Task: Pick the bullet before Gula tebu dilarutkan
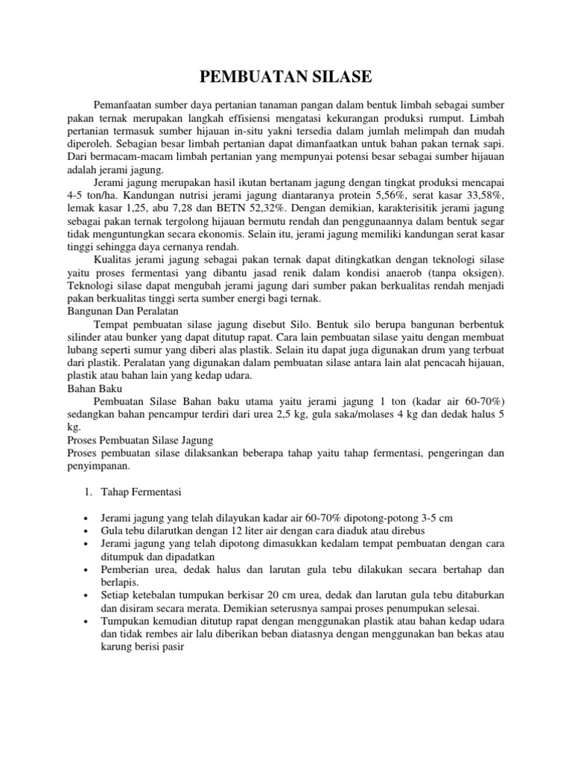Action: click(x=88, y=531)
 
